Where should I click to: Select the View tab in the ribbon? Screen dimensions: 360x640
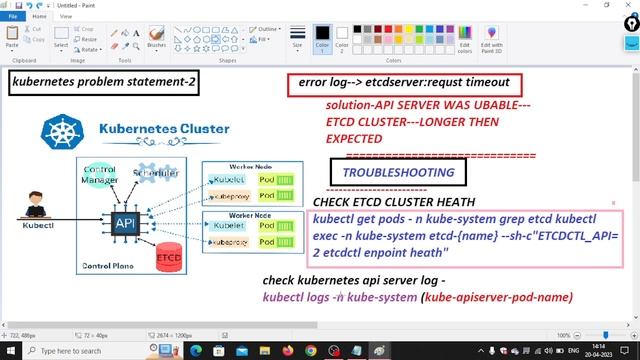[x=66, y=17]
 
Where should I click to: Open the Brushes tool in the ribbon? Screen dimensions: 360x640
[x=156, y=38]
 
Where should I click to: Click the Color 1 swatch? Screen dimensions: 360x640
[x=322, y=37]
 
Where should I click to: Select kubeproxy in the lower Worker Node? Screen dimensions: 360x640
[x=229, y=243]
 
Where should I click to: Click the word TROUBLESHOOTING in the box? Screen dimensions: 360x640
[x=397, y=173]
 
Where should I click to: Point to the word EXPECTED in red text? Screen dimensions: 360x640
[x=354, y=138]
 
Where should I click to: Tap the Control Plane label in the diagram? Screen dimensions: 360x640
[x=107, y=266]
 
